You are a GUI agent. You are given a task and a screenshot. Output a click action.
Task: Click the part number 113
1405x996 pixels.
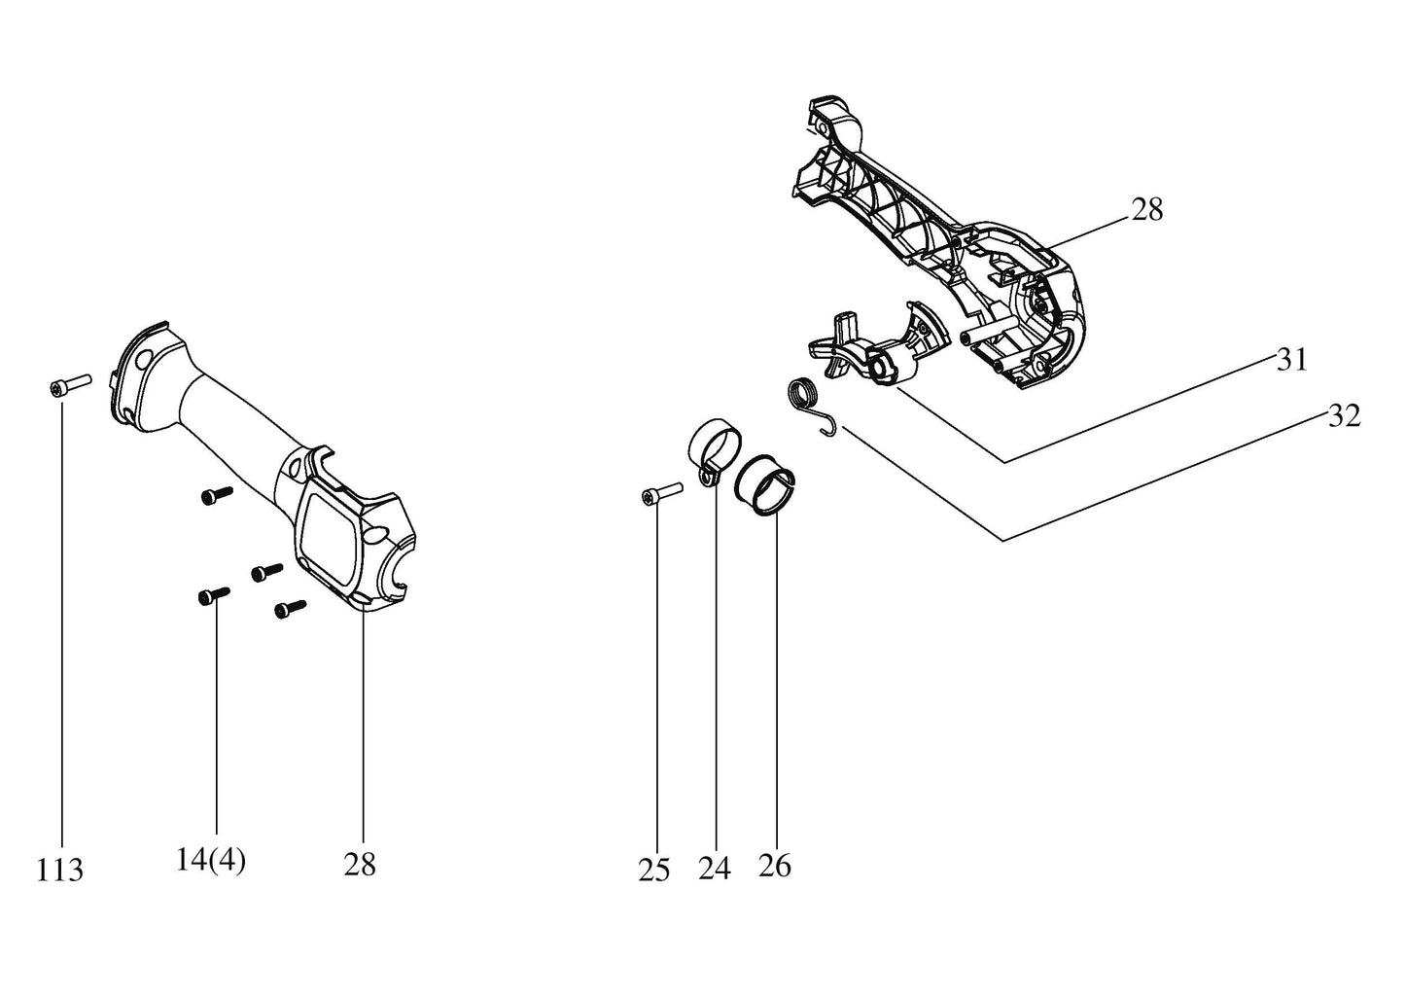[x=60, y=869]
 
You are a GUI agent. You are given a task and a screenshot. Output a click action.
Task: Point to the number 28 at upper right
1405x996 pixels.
[x=1147, y=209]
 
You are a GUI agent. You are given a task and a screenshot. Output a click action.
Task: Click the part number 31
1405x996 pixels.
[x=1291, y=360]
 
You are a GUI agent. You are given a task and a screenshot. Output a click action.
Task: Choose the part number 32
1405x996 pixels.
[x=1344, y=416]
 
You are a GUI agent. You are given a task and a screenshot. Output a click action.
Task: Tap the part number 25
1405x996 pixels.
[x=654, y=870]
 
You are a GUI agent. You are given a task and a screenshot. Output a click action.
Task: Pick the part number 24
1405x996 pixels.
[x=714, y=868]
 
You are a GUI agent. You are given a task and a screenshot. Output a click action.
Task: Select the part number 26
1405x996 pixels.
[x=775, y=865]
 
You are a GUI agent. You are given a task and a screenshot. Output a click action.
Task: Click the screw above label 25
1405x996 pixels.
[x=661, y=495]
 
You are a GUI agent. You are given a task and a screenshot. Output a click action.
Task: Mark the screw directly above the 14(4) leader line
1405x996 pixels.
[x=213, y=594]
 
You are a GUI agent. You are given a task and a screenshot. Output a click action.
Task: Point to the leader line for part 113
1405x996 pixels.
[x=62, y=622]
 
